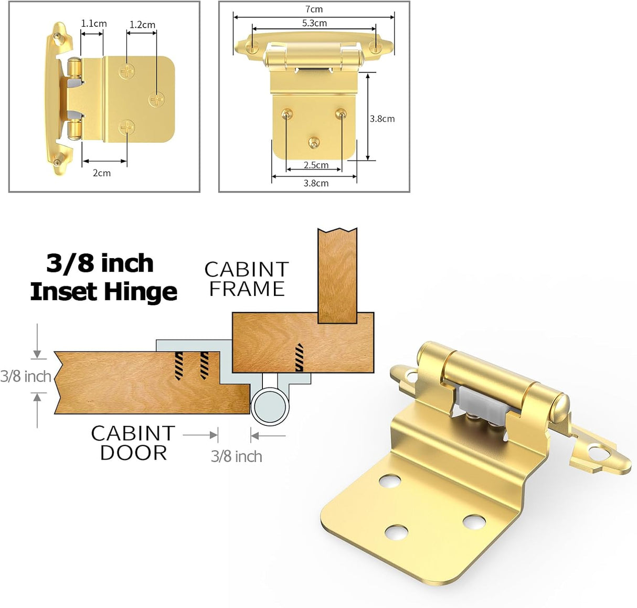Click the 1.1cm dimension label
[x=93, y=24]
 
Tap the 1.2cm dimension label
[x=142, y=25]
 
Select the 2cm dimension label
[x=102, y=173]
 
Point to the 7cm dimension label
[x=314, y=9]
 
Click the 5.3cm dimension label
[x=314, y=23]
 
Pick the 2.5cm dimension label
[x=316, y=165]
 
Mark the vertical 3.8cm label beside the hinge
[x=382, y=119]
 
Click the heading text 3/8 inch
[x=100, y=263]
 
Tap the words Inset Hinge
[x=103, y=292]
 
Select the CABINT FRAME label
[x=247, y=279]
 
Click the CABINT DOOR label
[x=133, y=443]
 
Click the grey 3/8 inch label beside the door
[x=25, y=376]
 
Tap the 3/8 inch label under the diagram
[x=236, y=456]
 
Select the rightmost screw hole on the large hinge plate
[x=474, y=521]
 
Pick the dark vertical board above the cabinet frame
[x=337, y=275]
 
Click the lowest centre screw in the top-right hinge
[x=314, y=142]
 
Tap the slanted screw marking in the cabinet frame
[x=299, y=357]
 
